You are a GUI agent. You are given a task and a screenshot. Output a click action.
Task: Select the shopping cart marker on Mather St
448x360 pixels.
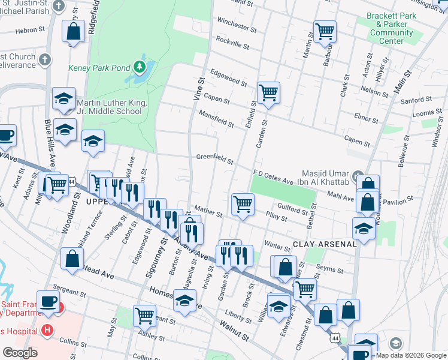[x=243, y=203]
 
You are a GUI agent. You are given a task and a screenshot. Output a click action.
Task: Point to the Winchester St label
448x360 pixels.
[x=237, y=26]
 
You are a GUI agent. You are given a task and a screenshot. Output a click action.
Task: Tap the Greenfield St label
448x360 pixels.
[x=215, y=159]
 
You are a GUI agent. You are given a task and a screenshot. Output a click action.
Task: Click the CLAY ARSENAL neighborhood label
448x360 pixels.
[x=325, y=244]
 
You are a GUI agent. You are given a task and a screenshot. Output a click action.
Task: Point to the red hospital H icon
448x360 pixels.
[x=46, y=331]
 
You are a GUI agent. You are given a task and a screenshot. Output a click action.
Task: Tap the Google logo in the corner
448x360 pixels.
[x=20, y=352]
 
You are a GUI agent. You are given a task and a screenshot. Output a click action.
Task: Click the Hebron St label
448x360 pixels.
[x=31, y=29]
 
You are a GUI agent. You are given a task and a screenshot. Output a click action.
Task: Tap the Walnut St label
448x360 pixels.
[x=234, y=331]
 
